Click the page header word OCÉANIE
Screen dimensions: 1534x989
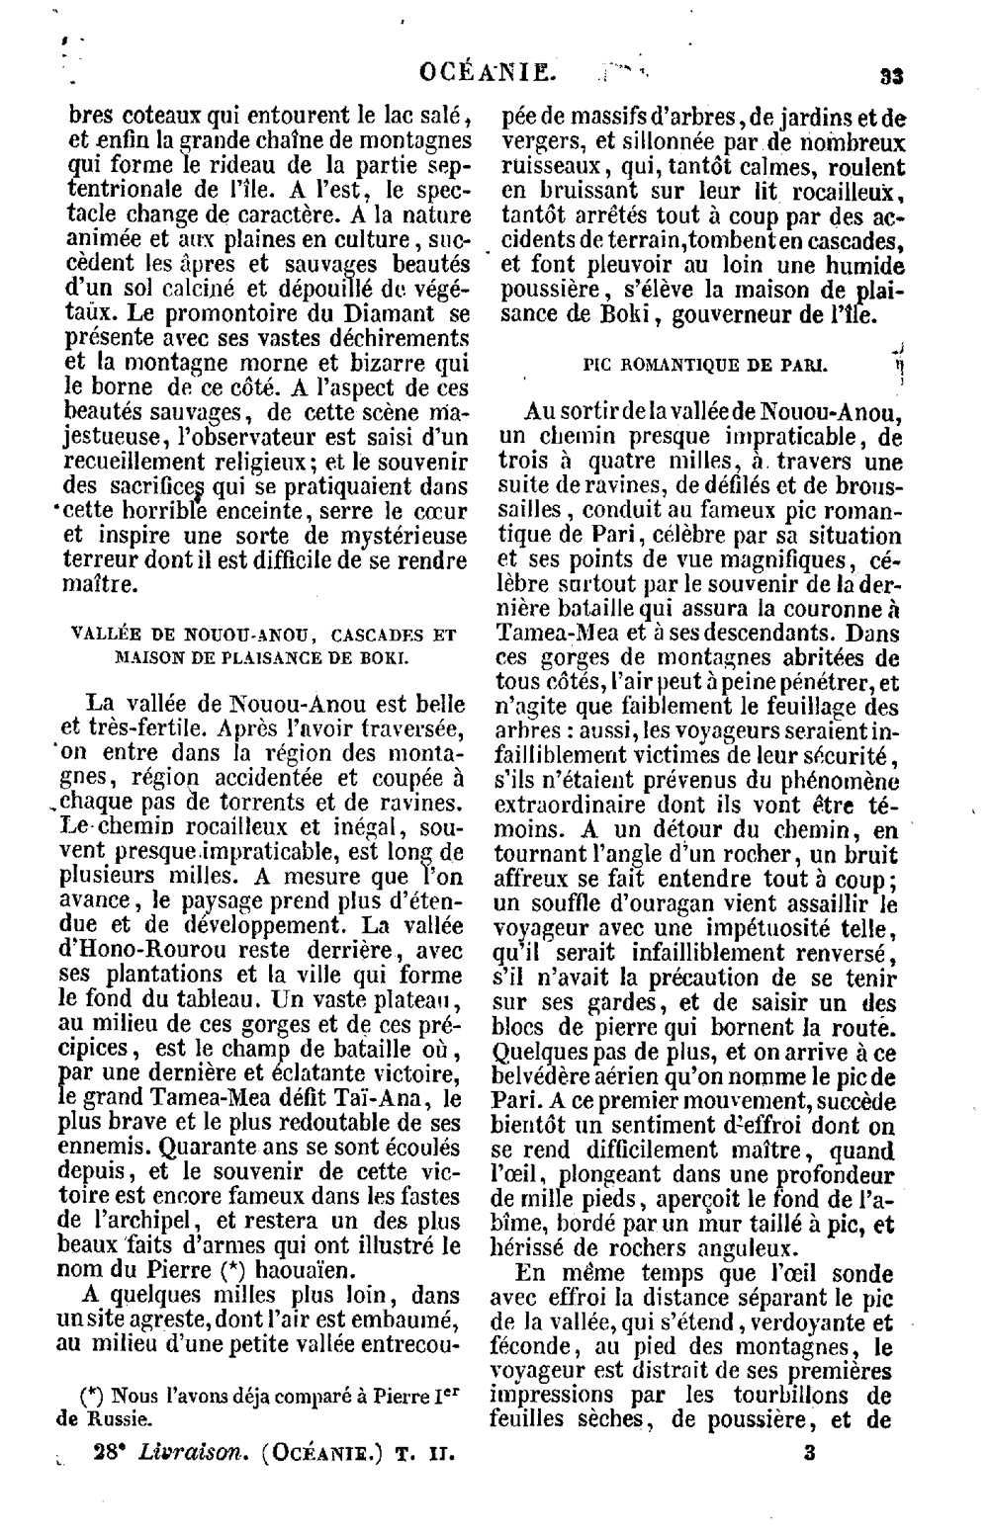(x=484, y=71)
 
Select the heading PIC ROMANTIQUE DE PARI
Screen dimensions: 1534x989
(x=705, y=365)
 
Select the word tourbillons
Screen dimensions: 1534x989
(x=799, y=1396)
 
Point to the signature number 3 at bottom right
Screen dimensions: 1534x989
(x=808, y=1455)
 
